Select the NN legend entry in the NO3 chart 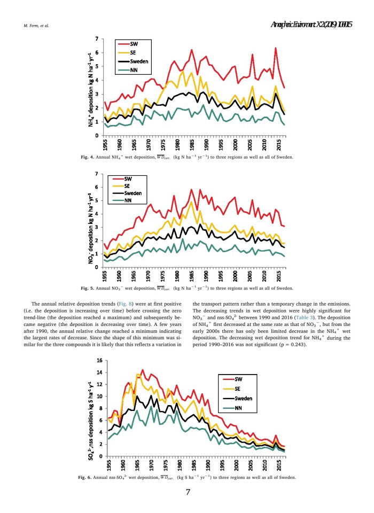coord(128,201)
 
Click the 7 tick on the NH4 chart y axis coord(97,38)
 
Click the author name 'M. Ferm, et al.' coord(35,25)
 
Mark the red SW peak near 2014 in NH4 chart coord(275,49)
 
